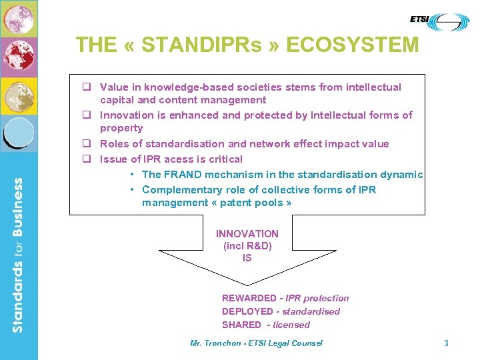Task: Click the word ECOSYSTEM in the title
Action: (x=353, y=45)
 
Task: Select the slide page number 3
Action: (x=446, y=343)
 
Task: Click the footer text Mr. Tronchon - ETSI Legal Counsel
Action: (x=256, y=343)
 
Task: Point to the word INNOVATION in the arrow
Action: (x=247, y=234)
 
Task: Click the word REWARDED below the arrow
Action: (x=249, y=298)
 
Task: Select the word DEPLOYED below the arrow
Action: (x=247, y=311)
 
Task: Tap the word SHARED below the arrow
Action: (x=241, y=325)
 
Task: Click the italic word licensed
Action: (x=291, y=325)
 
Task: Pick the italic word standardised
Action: (x=311, y=311)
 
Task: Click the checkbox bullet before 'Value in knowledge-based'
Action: (x=87, y=87)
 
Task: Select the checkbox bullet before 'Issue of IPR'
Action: (x=87, y=159)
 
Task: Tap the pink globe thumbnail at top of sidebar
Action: (x=19, y=19)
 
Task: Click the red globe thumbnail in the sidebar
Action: (x=19, y=57)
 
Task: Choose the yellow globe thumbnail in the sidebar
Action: (x=19, y=96)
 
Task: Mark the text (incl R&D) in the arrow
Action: (x=247, y=246)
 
